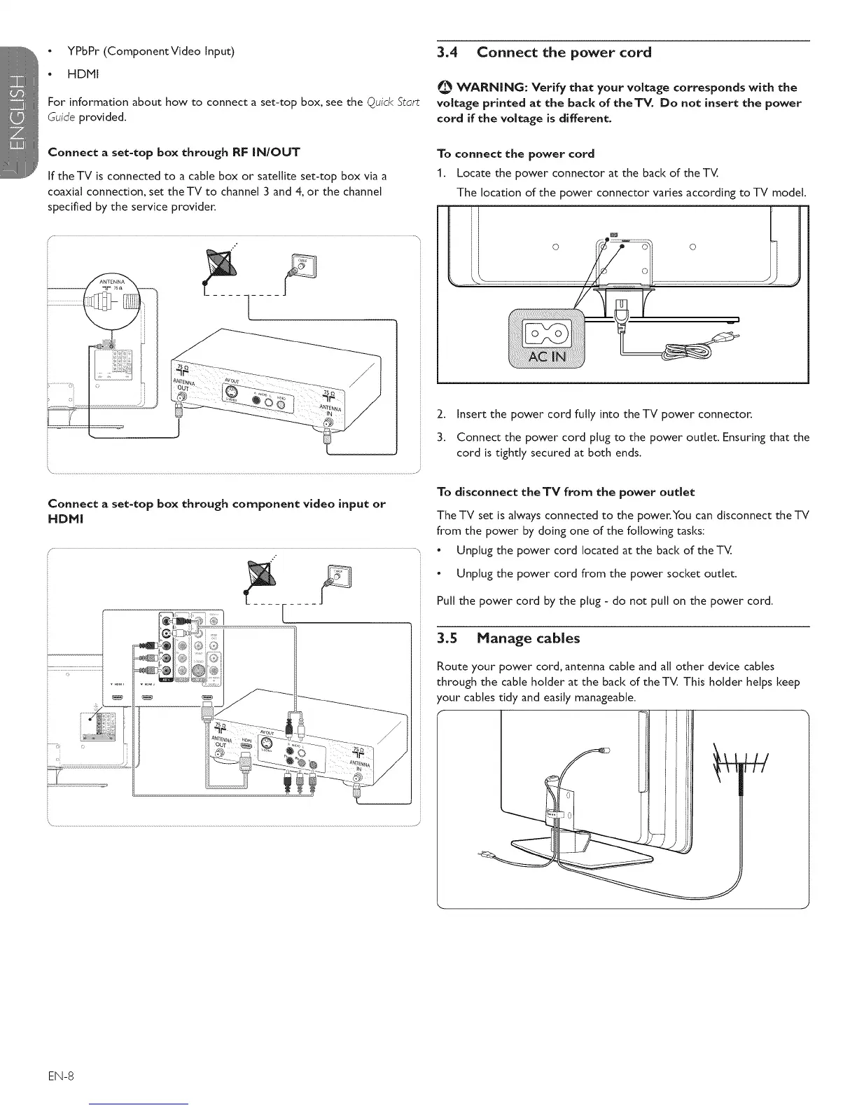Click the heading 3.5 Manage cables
[508, 638]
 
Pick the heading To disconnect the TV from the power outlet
[565, 491]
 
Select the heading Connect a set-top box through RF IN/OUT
[174, 153]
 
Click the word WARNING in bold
[490, 88]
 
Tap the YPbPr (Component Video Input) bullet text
[151, 51]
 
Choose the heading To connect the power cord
[515, 153]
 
